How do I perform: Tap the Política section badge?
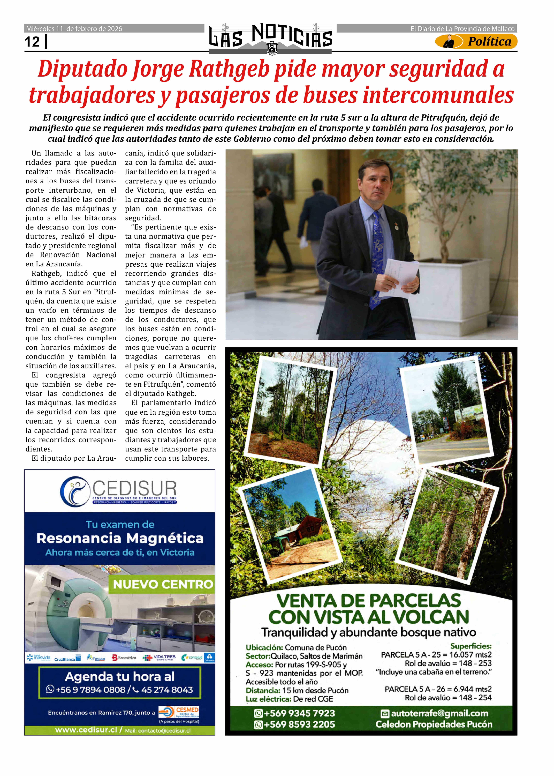point(476,42)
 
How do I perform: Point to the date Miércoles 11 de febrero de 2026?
point(74,29)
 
